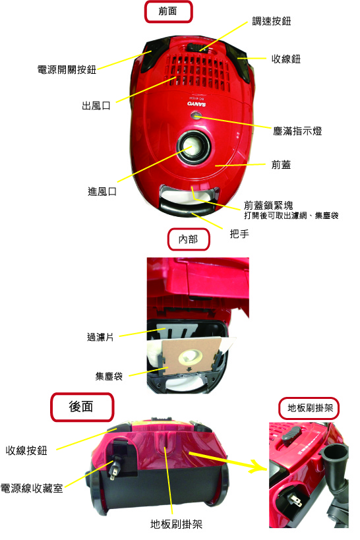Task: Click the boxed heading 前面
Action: click(x=167, y=12)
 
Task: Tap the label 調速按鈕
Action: click(x=272, y=21)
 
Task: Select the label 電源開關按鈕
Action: click(x=67, y=70)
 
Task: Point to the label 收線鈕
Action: click(x=286, y=59)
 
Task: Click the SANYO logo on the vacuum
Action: click(x=196, y=104)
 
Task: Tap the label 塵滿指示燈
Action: click(x=297, y=131)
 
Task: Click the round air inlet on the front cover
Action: click(x=193, y=146)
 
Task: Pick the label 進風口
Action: click(x=102, y=191)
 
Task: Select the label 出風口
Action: click(x=96, y=105)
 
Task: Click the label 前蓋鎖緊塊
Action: click(x=268, y=206)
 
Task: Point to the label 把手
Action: click(x=239, y=234)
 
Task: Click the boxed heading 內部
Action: click(x=188, y=239)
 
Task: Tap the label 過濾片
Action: click(x=100, y=337)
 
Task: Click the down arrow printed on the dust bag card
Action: click(x=189, y=369)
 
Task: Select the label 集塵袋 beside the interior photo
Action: click(x=109, y=376)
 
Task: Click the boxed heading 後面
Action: click(x=82, y=407)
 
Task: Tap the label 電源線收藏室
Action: click(x=32, y=488)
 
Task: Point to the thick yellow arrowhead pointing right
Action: click(x=258, y=466)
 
